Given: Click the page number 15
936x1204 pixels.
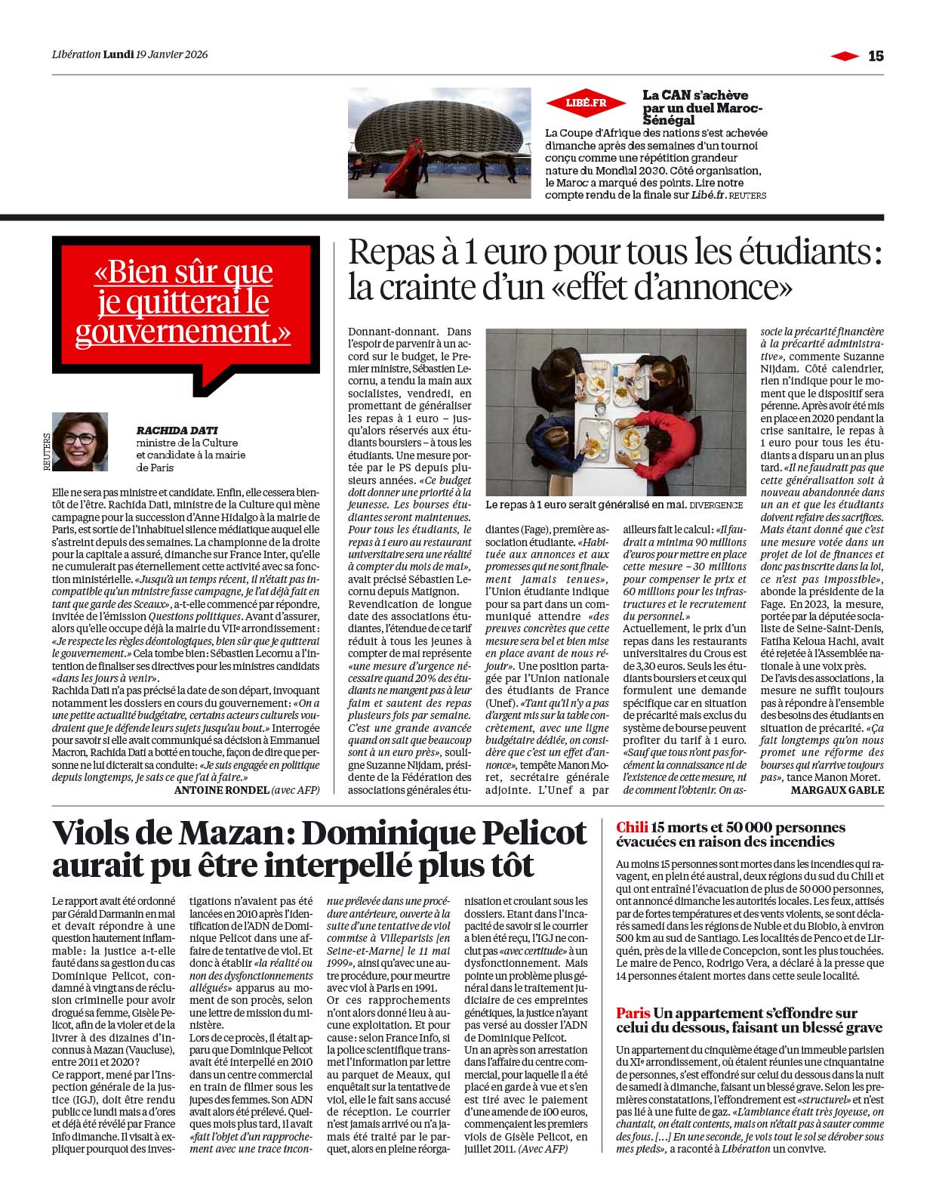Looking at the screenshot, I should pyautogui.click(x=876, y=55).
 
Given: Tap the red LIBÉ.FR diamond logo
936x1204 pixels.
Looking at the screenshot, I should pyautogui.click(x=586, y=103).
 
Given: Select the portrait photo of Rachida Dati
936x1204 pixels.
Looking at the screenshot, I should pyautogui.click(x=80, y=442).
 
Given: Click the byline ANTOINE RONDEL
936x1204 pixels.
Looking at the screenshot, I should pyautogui.click(x=221, y=790).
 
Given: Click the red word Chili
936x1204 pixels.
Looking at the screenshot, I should pyautogui.click(x=631, y=828).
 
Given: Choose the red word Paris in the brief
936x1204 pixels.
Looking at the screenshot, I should pyautogui.click(x=633, y=1013).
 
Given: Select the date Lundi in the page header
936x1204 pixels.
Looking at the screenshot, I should pyautogui.click(x=119, y=54).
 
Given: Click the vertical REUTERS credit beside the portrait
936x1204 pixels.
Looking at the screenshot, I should pyautogui.click(x=47, y=452).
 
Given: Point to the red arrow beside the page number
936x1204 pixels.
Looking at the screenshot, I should pyautogui.click(x=844, y=55).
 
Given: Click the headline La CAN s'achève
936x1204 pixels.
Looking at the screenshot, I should pyautogui.click(x=694, y=95).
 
